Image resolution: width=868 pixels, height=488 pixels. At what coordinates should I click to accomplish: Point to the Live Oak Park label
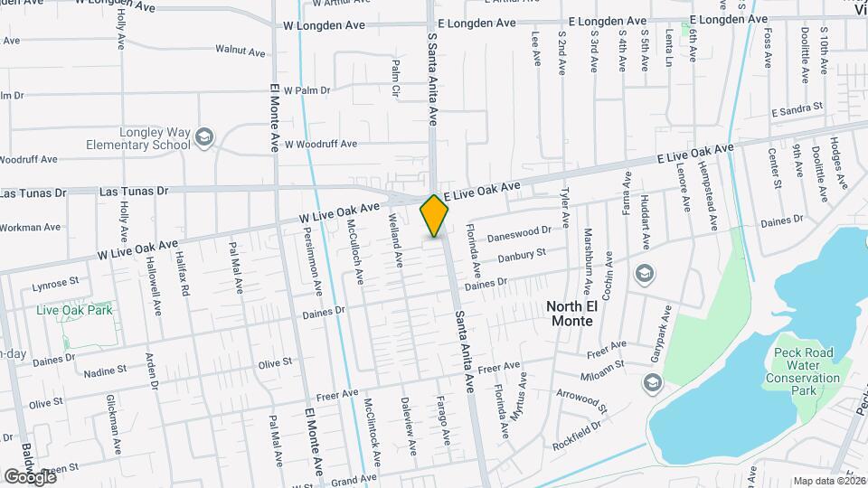tap(74, 310)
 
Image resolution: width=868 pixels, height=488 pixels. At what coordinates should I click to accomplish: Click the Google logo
tap(30, 476)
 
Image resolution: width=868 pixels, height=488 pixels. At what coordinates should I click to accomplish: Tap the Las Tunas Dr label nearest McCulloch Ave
tap(134, 191)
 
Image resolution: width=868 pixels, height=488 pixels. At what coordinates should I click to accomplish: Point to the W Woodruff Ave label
tap(321, 144)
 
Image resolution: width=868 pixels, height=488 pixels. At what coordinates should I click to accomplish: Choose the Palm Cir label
tap(396, 80)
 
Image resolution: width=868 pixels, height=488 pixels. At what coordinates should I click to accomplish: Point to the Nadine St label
tap(105, 371)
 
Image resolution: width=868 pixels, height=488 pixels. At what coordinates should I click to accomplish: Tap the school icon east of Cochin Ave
tap(645, 273)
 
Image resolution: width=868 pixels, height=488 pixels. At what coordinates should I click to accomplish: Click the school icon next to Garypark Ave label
tap(652, 383)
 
